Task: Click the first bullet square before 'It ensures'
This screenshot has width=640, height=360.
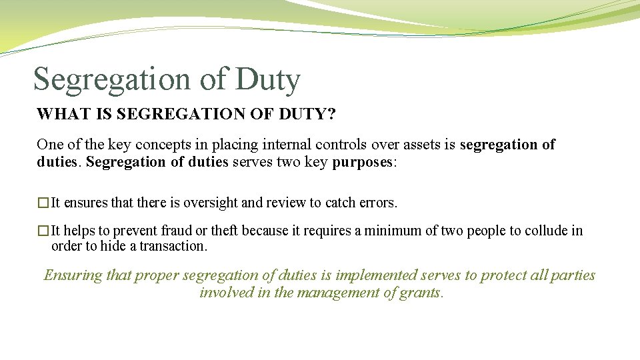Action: (43, 203)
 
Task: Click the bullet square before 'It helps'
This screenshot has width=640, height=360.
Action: (43, 231)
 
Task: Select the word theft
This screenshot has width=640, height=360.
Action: (225, 231)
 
